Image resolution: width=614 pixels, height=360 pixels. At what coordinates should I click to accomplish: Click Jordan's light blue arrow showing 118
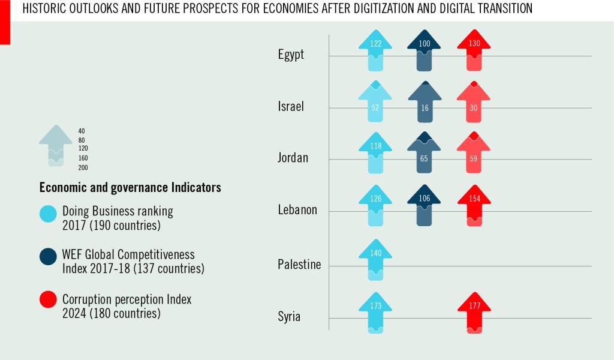(375, 154)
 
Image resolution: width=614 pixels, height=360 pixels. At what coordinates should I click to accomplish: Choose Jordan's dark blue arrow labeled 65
(425, 154)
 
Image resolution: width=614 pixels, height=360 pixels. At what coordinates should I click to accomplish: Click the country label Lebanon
(297, 211)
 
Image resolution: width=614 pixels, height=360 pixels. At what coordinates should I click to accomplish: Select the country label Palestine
(299, 265)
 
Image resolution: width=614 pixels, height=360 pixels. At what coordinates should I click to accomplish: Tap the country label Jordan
(293, 158)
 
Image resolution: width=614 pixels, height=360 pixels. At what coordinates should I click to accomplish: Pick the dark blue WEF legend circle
(48, 257)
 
